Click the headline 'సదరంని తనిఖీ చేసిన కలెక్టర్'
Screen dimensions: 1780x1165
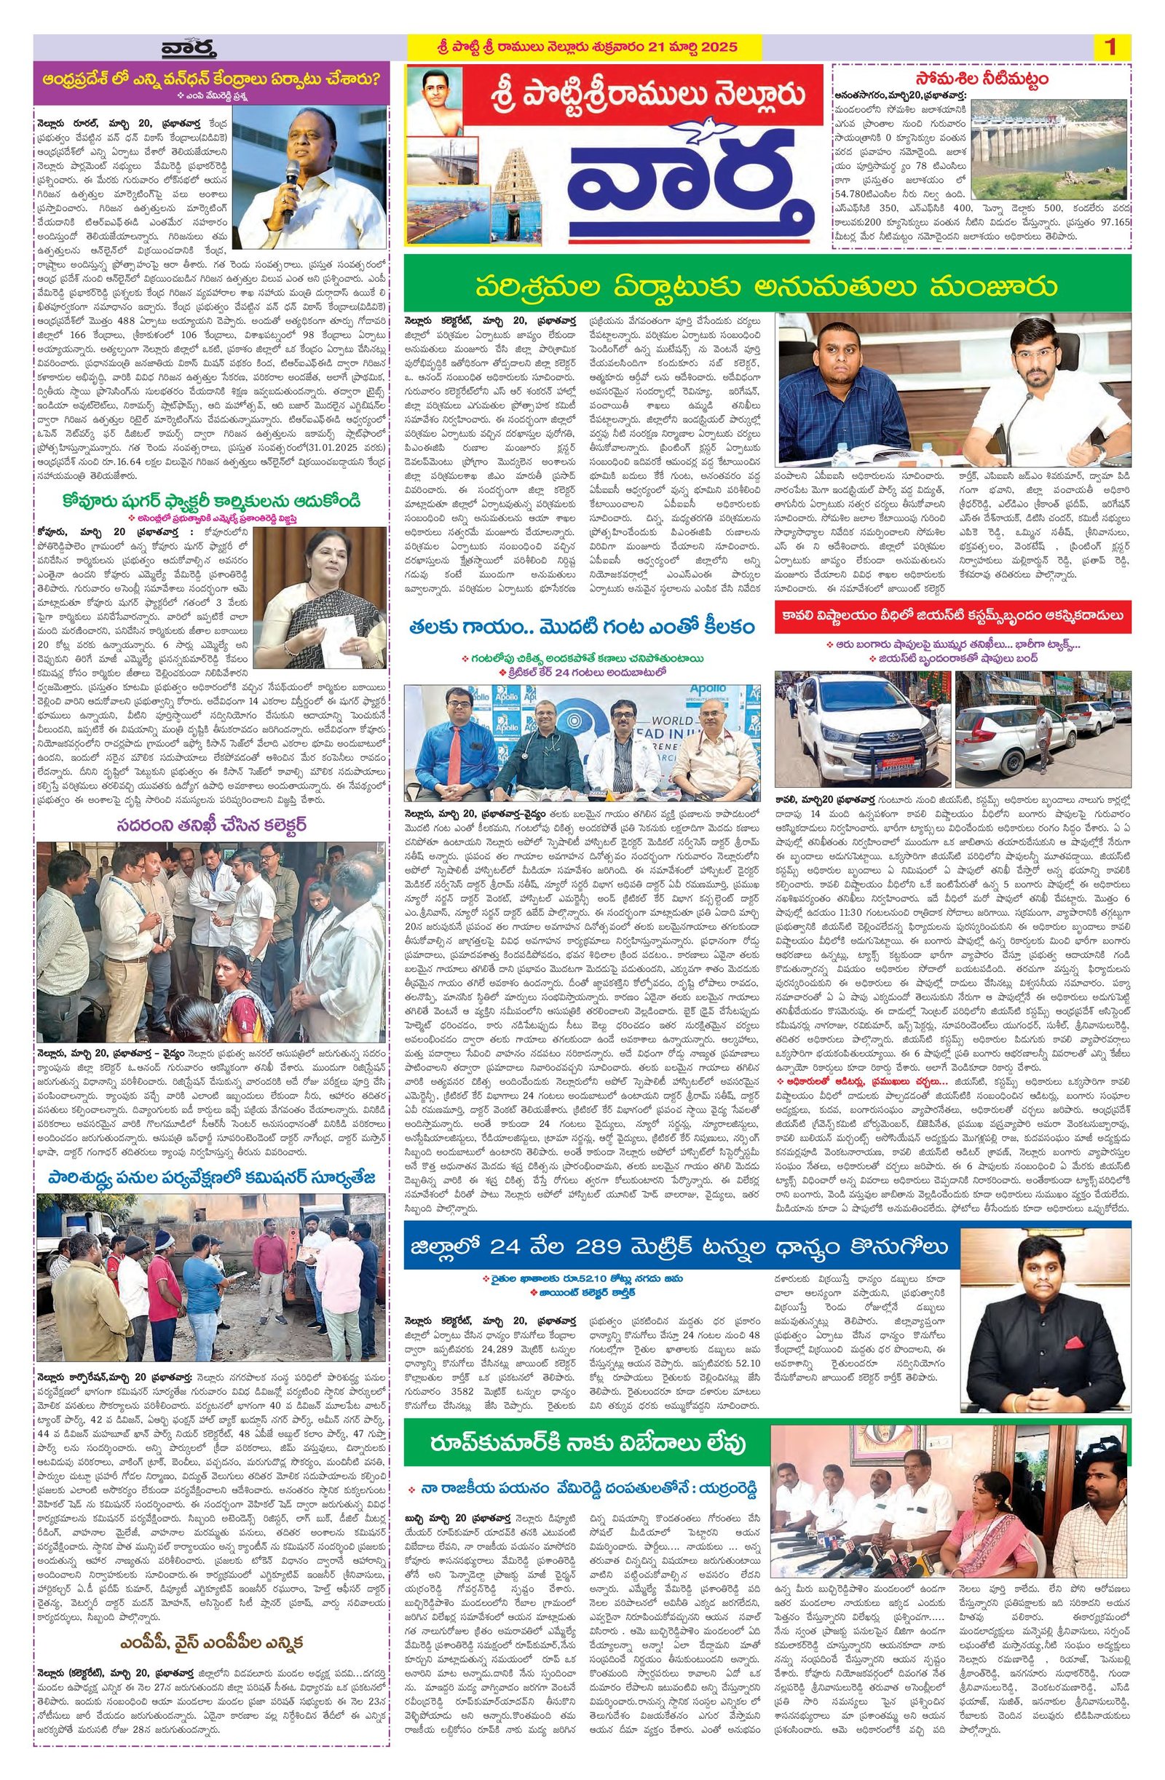[x=210, y=824]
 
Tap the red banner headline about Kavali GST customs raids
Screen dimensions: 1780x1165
[x=952, y=615]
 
